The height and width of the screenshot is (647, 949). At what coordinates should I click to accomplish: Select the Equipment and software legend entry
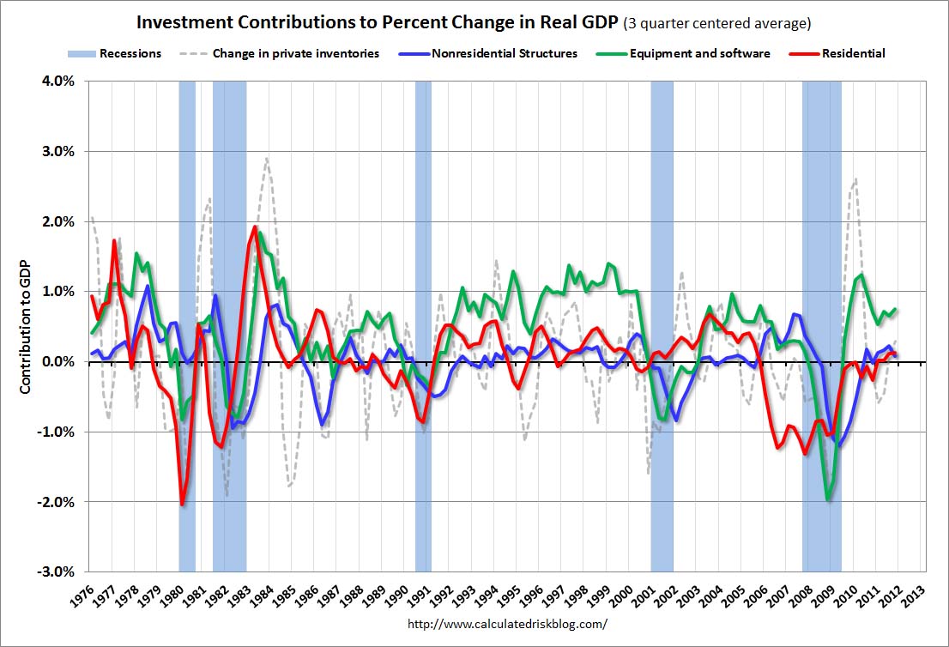click(x=698, y=53)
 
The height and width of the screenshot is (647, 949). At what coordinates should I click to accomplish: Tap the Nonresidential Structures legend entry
click(x=505, y=53)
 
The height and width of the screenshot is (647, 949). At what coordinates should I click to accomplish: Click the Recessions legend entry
click(x=130, y=53)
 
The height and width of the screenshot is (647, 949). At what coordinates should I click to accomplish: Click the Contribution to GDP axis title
click(x=27, y=326)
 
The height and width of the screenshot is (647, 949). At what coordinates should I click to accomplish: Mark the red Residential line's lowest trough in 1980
click(x=183, y=504)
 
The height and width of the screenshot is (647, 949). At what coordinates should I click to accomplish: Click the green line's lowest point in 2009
click(x=828, y=499)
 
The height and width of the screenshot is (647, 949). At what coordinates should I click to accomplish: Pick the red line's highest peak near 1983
click(x=255, y=227)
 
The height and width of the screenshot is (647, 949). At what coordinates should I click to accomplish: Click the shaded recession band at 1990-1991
click(x=423, y=326)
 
